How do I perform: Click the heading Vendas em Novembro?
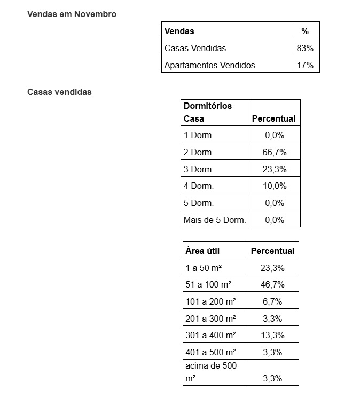pos(72,14)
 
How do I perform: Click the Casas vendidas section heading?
pos(59,92)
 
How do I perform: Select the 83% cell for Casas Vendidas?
pos(305,48)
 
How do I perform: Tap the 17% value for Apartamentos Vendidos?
pos(305,65)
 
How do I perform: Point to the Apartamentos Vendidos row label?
pos(209,65)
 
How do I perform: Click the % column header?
pos(305,31)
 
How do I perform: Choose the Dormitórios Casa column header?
pos(208,112)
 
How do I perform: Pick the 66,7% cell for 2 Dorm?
pos(275,152)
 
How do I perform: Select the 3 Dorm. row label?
pos(199,169)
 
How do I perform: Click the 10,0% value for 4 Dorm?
pos(275,186)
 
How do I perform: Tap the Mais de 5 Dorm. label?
pos(215,220)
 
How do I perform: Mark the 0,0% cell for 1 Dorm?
pos(275,135)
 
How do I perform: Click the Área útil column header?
pos(202,251)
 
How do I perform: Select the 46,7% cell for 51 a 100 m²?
pos(272,284)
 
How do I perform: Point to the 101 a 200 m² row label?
pos(210,301)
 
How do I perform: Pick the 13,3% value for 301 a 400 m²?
pos(272,335)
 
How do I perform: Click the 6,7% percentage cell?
pos(272,301)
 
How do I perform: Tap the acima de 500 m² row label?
pos(210,372)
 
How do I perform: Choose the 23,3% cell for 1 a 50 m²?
pos(272,268)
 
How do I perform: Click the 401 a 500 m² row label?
pos(210,352)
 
